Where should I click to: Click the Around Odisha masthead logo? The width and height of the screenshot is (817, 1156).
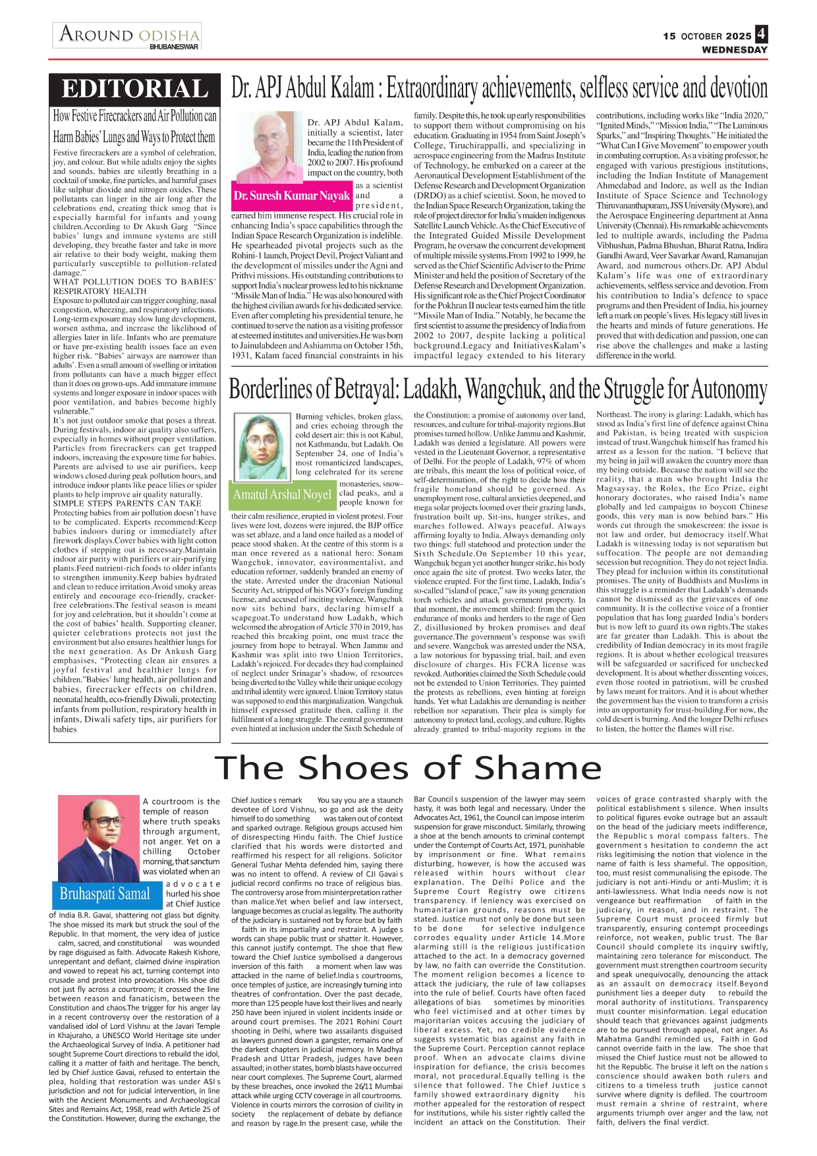pos(128,34)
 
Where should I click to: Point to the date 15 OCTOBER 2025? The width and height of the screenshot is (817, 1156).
pos(707,36)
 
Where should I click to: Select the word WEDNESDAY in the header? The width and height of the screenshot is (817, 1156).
pos(735,50)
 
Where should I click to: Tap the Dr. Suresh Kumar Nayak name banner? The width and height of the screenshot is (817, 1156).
pos(291,196)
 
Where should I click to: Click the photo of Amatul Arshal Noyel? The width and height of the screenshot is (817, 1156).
pos(263,447)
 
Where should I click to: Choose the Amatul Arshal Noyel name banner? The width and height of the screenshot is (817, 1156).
pos(282,495)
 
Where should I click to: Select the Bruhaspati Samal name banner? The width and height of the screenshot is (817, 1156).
pos(105,894)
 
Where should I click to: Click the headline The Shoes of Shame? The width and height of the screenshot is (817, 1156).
pos(408,768)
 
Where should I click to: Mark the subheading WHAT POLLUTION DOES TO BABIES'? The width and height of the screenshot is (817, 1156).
pos(134,282)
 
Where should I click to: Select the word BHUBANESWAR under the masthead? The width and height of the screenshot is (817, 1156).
pos(174,47)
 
